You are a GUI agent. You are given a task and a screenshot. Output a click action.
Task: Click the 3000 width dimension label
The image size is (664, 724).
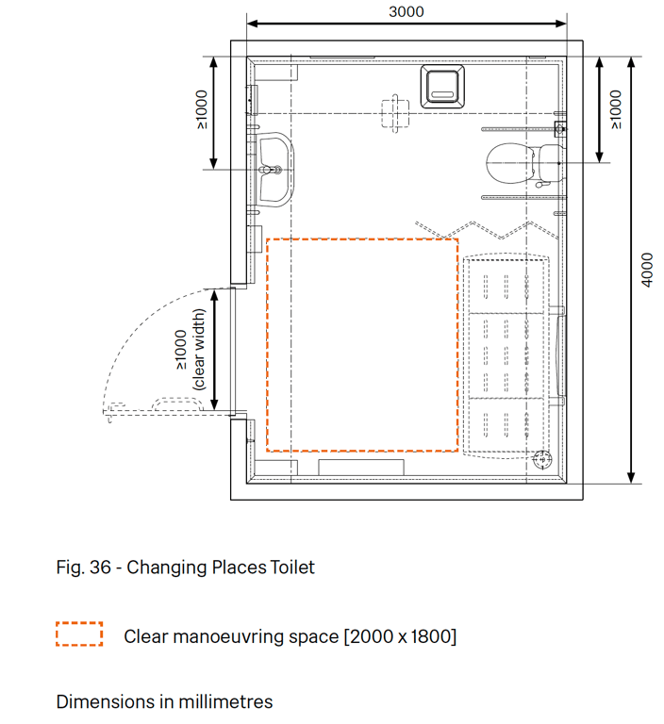pyautogui.click(x=407, y=11)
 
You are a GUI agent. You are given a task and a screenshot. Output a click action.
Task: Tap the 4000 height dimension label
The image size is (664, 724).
pyautogui.click(x=647, y=270)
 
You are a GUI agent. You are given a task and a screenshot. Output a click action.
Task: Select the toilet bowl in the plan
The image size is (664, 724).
pyautogui.click(x=510, y=163)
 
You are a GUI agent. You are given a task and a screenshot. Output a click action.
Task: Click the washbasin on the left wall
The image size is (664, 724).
pyautogui.click(x=275, y=170)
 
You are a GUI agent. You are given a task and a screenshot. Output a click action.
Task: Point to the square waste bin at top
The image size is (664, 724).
pyautogui.click(x=442, y=87)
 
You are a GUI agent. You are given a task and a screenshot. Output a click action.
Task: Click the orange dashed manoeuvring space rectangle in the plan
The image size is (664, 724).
pyautogui.click(x=267, y=344)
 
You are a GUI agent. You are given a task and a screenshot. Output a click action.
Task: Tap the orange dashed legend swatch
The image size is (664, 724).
pyautogui.click(x=79, y=633)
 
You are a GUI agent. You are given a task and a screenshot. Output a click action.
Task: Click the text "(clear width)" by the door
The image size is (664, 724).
pyautogui.click(x=198, y=350)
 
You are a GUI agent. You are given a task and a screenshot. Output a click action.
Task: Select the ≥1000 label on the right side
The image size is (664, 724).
pyautogui.click(x=616, y=109)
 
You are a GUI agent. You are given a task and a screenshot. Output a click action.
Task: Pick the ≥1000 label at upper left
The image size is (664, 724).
pyautogui.click(x=202, y=109)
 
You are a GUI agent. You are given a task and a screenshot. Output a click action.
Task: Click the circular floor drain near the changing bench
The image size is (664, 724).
pyautogui.click(x=542, y=459)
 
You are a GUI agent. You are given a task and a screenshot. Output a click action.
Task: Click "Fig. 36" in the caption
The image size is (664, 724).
pyautogui.click(x=83, y=567)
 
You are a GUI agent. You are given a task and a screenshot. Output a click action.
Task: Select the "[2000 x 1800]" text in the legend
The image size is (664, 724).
pyautogui.click(x=400, y=636)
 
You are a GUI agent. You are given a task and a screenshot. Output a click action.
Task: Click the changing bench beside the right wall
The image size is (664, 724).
pyautogui.click(x=506, y=355)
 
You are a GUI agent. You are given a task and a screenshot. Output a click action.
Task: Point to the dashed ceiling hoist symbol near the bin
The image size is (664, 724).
pyautogui.click(x=395, y=113)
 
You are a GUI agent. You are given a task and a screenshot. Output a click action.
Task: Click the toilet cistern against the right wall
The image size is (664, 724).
pyautogui.click(x=551, y=163)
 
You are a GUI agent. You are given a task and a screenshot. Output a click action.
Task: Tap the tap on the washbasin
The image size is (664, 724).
pyautogui.click(x=272, y=170)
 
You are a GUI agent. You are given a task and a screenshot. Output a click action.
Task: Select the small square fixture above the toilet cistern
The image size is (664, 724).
pyautogui.click(x=560, y=129)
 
